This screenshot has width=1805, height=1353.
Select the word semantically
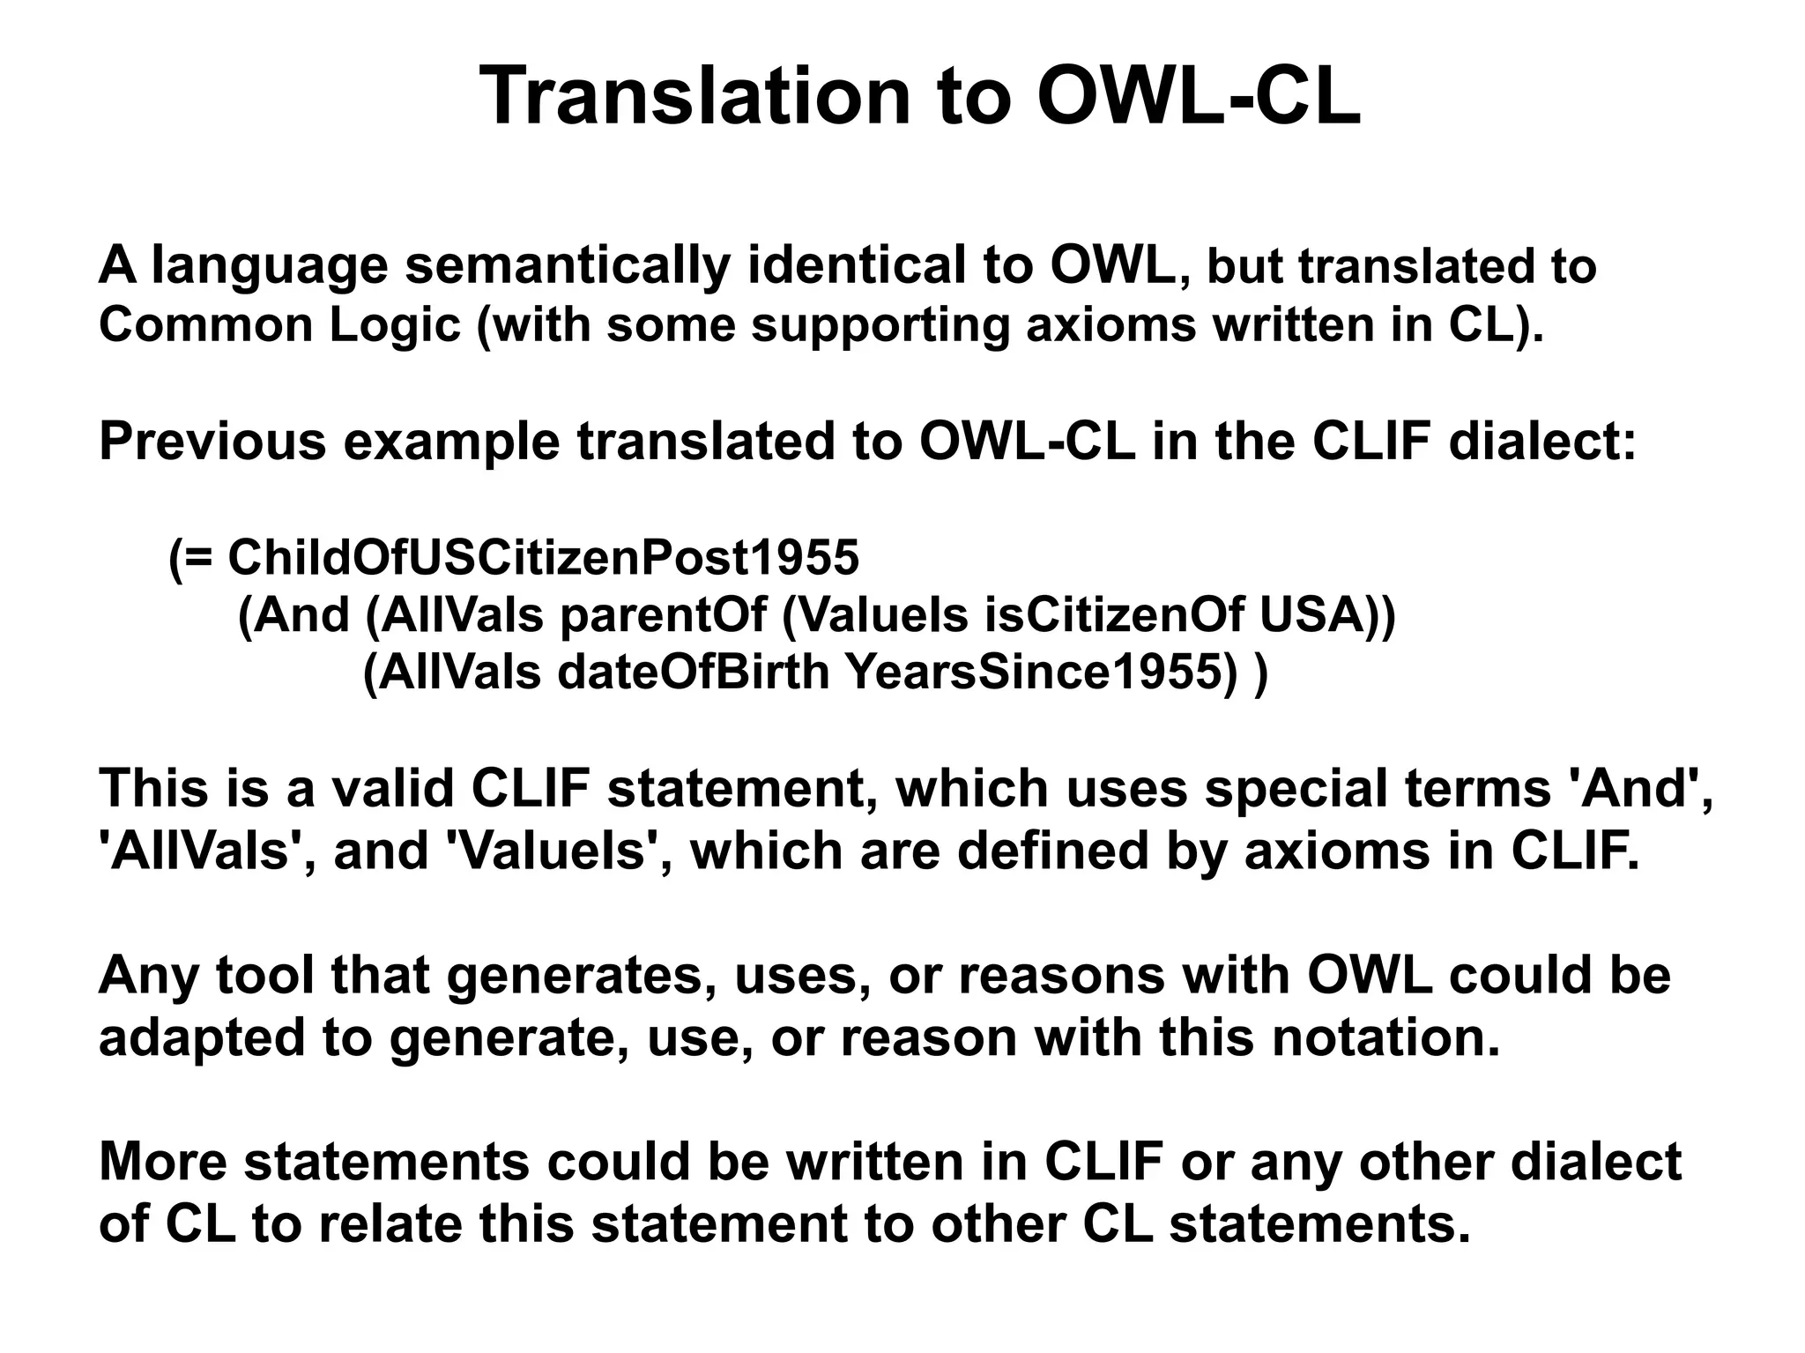567,265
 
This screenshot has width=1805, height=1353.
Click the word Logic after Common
395,325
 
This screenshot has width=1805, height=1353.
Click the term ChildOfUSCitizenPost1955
543,557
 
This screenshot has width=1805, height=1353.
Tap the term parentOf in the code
663,615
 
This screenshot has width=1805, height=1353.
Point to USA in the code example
1313,615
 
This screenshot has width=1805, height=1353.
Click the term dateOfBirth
694,673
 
